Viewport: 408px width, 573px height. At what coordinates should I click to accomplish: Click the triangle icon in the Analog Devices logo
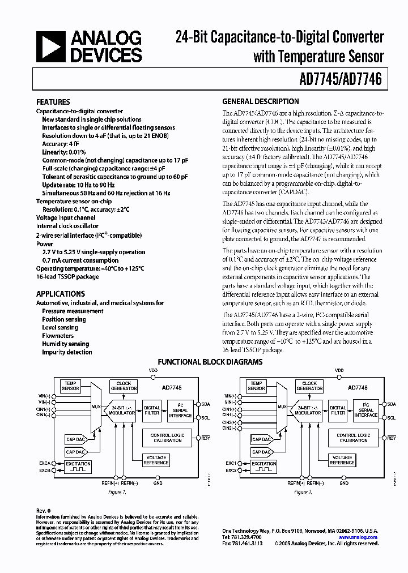point(50,47)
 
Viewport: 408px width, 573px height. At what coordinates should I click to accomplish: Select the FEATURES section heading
point(53,102)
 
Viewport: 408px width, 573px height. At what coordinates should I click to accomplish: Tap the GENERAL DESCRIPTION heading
point(260,102)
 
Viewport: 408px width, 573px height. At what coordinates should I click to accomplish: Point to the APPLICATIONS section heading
point(60,294)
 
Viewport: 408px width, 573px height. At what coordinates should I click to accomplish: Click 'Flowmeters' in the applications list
point(58,336)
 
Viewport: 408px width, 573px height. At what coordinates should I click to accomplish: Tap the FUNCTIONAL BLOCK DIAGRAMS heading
point(210,362)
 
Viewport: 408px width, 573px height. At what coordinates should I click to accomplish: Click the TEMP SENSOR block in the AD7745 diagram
point(71,386)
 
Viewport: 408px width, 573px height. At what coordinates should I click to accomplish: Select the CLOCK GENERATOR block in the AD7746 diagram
point(309,386)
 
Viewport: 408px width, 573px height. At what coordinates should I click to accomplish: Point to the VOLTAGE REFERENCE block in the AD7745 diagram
point(156,460)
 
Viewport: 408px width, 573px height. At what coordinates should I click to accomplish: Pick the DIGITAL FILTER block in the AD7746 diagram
point(338,410)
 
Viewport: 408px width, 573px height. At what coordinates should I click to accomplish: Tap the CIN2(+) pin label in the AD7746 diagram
point(229,422)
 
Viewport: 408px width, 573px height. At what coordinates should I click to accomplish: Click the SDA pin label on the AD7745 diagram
point(205,404)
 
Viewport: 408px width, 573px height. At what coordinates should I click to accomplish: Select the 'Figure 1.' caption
point(116,493)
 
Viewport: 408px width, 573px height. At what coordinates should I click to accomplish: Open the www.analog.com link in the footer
point(358,537)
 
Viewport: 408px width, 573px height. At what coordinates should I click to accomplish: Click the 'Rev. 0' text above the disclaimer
point(44,511)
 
